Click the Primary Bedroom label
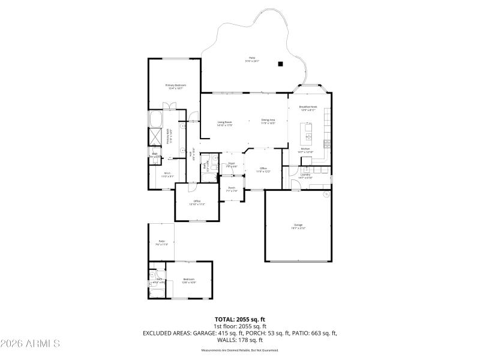pos(176,86)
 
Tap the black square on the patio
pos(280,64)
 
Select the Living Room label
pos(224,123)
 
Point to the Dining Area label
pos(268,121)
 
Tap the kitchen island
pos(309,129)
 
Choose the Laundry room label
pos(305,176)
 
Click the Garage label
pos(298,227)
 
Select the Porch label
pos(232,189)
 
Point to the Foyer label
pos(230,164)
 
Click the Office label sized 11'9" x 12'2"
pos(263,170)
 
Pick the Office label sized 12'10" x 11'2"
pos(197,202)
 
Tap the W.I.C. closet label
pos(168,175)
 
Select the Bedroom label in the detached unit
pos(189,280)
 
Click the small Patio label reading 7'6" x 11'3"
pos(161,242)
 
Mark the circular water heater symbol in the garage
pos(326,194)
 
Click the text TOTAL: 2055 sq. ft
pos(239,320)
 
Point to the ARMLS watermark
pos(30,344)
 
